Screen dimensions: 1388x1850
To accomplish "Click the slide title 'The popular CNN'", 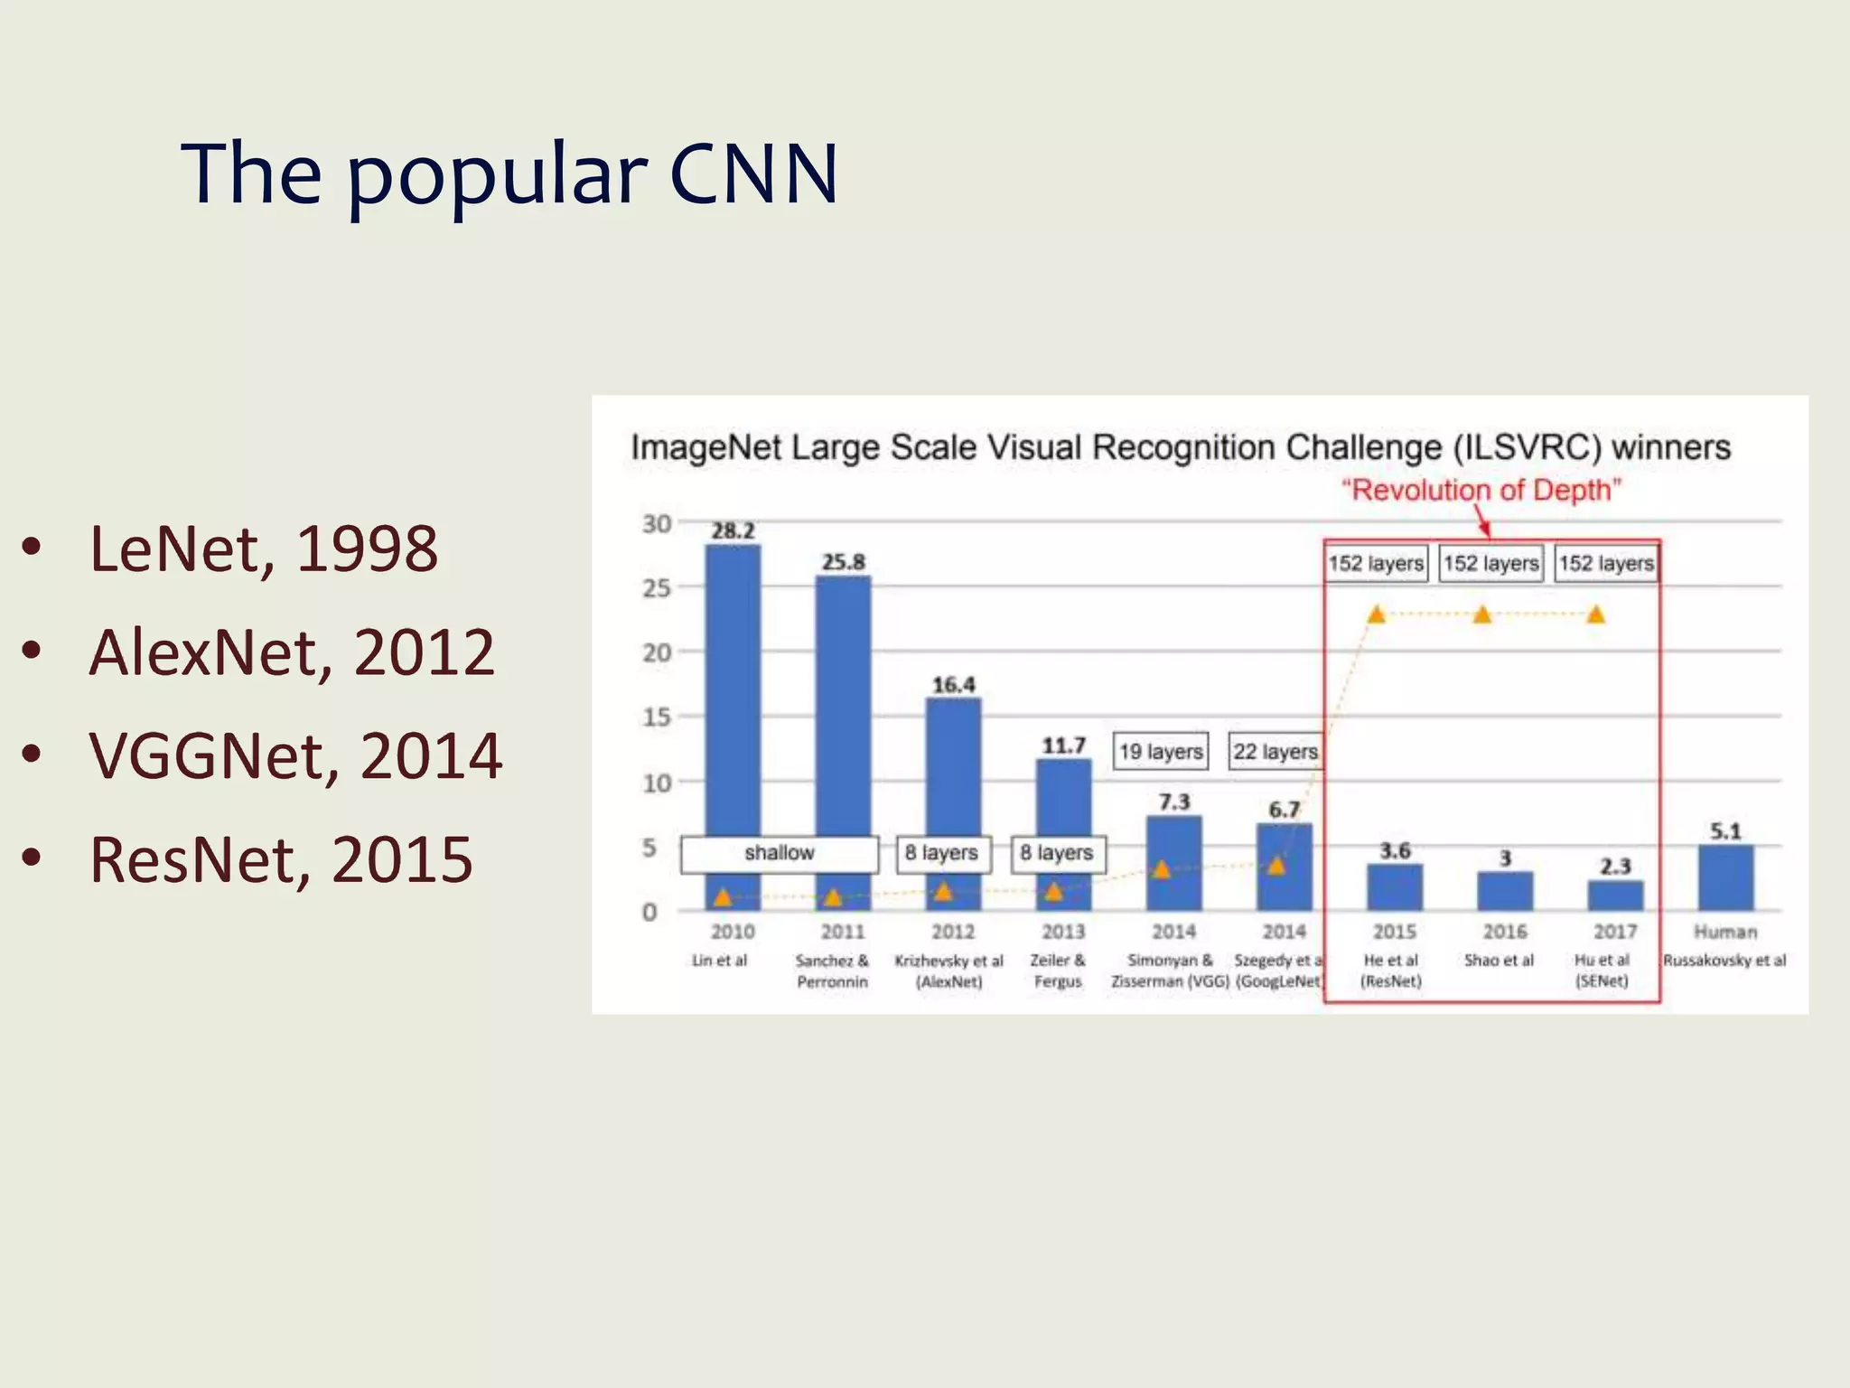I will (509, 173).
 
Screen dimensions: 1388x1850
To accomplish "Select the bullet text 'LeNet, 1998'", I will (264, 549).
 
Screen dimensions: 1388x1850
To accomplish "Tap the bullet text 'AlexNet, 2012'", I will (292, 652).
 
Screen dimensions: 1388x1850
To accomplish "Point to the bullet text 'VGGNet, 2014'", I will (295, 755).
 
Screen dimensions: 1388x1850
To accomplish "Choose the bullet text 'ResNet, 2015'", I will (281, 858).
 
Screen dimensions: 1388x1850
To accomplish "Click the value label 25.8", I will (843, 562).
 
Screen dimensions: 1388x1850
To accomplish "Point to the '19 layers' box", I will (1161, 751).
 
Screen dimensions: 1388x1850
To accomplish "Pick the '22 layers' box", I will (1275, 751).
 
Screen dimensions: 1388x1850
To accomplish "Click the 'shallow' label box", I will (779, 853).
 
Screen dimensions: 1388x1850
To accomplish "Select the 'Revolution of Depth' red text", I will (1481, 490).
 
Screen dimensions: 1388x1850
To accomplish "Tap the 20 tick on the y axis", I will (657, 652).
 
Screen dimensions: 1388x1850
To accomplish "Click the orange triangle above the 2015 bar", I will (1376, 615).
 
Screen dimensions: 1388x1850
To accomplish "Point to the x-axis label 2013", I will (1063, 932).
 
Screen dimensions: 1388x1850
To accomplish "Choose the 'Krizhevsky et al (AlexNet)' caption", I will (948, 971).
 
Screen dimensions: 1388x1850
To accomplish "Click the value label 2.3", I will (1615, 866).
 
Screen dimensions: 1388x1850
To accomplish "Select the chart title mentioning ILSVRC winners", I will (1180, 447).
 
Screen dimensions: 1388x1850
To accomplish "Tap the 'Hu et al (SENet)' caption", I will (1602, 971).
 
